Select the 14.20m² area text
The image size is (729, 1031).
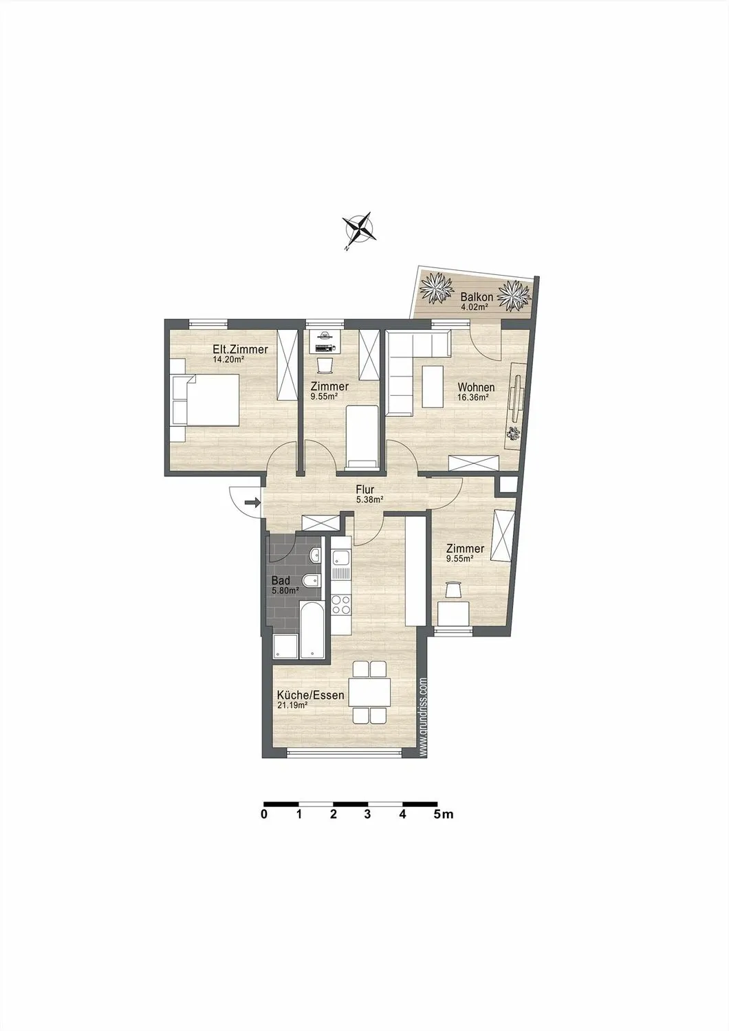tap(228, 360)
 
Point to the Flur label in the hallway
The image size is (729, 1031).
tap(364, 489)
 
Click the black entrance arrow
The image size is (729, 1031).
tap(252, 502)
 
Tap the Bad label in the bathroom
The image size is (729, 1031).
tap(281, 580)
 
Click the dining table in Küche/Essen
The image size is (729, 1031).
tap(370, 693)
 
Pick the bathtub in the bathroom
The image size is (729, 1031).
tap(312, 629)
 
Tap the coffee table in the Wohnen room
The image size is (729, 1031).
tap(433, 386)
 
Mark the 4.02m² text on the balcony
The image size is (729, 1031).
tap(475, 307)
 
